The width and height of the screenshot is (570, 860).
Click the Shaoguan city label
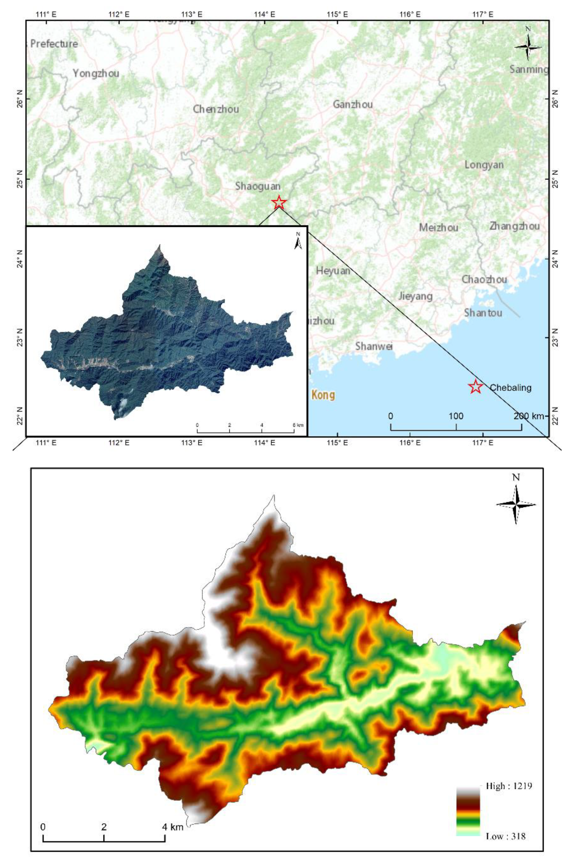click(x=258, y=186)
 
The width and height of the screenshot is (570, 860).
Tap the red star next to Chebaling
click(x=475, y=386)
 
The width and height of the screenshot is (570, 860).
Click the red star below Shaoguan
click(x=279, y=202)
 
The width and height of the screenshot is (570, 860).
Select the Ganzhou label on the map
click(x=353, y=104)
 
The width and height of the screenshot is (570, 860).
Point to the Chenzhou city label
click(x=216, y=109)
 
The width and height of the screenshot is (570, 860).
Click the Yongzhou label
click(x=96, y=73)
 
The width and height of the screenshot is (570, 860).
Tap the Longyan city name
click(x=484, y=165)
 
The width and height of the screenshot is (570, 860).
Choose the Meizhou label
click(x=439, y=228)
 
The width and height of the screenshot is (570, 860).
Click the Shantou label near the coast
click(x=483, y=313)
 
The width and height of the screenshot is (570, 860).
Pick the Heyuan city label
click(x=333, y=271)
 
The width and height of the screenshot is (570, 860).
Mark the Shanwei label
click(x=374, y=346)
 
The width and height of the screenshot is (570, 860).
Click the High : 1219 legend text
click(x=509, y=786)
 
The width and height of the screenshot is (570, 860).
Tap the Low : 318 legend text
click(x=505, y=836)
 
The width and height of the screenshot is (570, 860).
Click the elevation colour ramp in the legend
click(x=468, y=812)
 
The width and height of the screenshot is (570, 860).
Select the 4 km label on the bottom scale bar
click(x=172, y=827)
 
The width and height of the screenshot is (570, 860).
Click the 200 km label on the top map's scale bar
click(x=528, y=416)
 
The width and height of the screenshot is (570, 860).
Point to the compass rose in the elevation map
click(x=516, y=504)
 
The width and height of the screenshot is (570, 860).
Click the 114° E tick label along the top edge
click(x=265, y=14)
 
